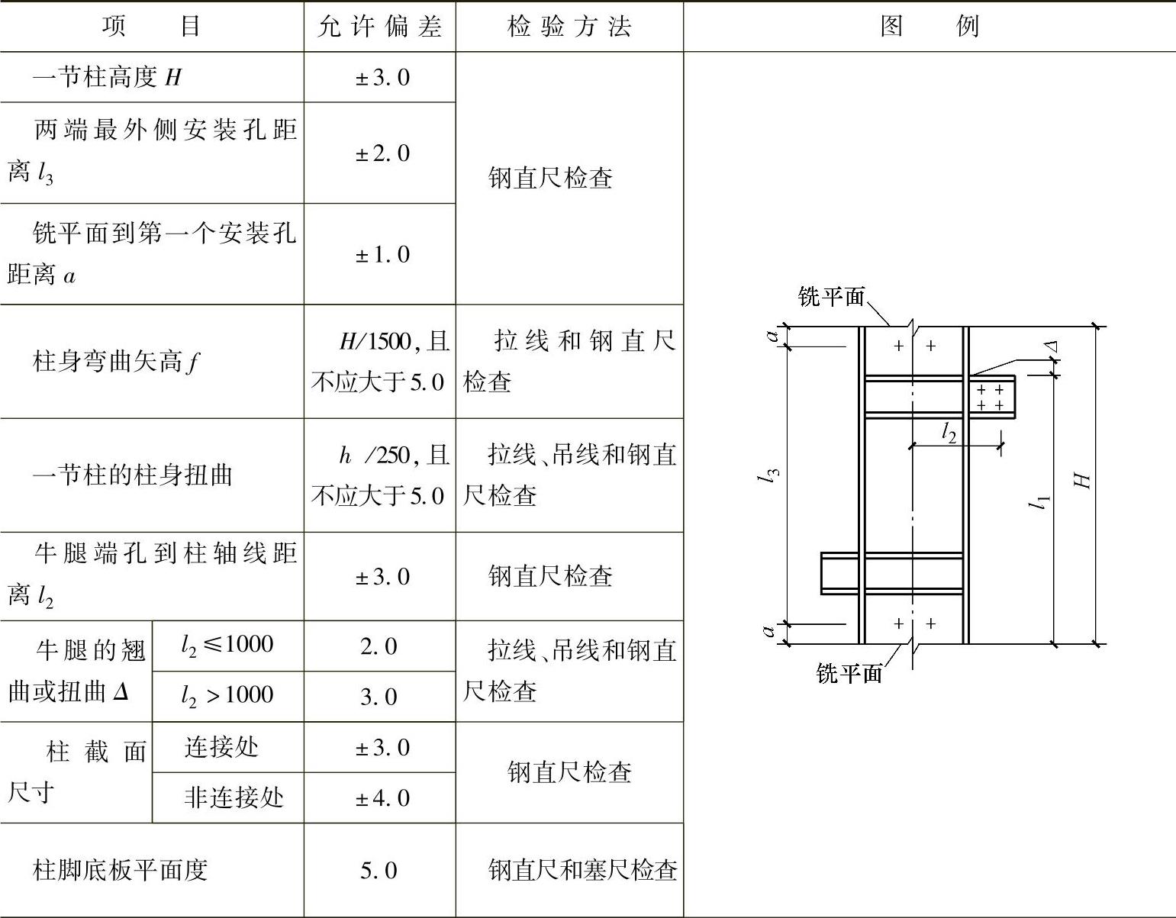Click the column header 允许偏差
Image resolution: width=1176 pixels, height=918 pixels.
(379, 27)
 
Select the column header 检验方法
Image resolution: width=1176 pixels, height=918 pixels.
(569, 27)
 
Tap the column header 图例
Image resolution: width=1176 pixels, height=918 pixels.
(929, 27)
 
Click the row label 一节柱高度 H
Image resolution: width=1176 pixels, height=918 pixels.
(107, 77)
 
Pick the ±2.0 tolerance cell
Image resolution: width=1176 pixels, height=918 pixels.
(382, 153)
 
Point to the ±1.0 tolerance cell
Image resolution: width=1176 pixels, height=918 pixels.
(382, 255)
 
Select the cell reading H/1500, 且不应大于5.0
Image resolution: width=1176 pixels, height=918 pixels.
(379, 362)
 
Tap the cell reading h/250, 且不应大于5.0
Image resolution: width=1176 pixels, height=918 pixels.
(379, 475)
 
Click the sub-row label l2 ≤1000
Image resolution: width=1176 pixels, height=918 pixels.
(227, 646)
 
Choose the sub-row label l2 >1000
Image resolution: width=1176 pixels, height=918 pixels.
(227, 696)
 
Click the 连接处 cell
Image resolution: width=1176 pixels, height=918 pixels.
(221, 747)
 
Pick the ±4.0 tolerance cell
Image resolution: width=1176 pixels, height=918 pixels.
(382, 798)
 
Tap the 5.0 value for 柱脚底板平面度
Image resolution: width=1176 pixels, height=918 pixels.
(379, 871)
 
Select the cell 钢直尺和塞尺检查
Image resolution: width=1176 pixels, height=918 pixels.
(582, 870)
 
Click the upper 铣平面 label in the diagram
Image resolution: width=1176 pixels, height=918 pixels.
(831, 296)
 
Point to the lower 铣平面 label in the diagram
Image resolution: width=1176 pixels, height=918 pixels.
(849, 673)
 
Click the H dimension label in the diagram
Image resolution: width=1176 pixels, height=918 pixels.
(1082, 481)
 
